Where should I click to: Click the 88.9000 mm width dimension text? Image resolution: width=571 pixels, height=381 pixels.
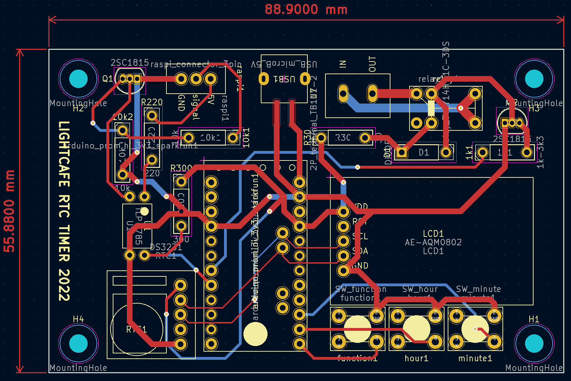tap(306, 10)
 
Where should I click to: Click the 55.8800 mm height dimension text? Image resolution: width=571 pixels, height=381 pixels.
tap(10, 211)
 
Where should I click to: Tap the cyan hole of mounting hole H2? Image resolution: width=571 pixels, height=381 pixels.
tap(78, 79)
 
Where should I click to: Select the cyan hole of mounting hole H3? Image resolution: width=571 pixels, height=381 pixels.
tap(534, 79)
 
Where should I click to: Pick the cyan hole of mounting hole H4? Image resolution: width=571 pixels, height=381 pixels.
tap(78, 343)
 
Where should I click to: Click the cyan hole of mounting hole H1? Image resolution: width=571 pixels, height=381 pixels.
tap(534, 343)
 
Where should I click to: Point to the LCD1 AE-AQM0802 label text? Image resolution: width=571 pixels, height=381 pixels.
tap(433, 242)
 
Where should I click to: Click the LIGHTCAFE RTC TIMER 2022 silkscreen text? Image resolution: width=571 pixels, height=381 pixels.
tap(64, 211)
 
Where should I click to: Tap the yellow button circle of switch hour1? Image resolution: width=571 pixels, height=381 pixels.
tap(416, 329)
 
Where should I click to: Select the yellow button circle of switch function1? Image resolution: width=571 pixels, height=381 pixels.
tap(357, 329)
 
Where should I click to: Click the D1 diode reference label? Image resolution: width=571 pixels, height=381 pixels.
tap(424, 152)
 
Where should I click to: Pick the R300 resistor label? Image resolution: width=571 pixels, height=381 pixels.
tap(181, 168)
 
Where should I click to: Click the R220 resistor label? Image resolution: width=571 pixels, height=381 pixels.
tap(152, 102)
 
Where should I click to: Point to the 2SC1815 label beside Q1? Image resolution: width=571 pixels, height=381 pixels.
tap(130, 63)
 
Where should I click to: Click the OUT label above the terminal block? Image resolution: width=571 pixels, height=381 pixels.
tap(372, 64)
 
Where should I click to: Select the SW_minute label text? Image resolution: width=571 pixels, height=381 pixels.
tap(478, 289)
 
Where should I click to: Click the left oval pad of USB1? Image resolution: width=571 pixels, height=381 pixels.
tap(264, 78)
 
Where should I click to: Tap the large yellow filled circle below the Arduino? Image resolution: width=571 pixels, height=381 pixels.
tap(255, 334)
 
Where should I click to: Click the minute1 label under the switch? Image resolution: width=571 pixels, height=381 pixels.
tap(475, 358)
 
